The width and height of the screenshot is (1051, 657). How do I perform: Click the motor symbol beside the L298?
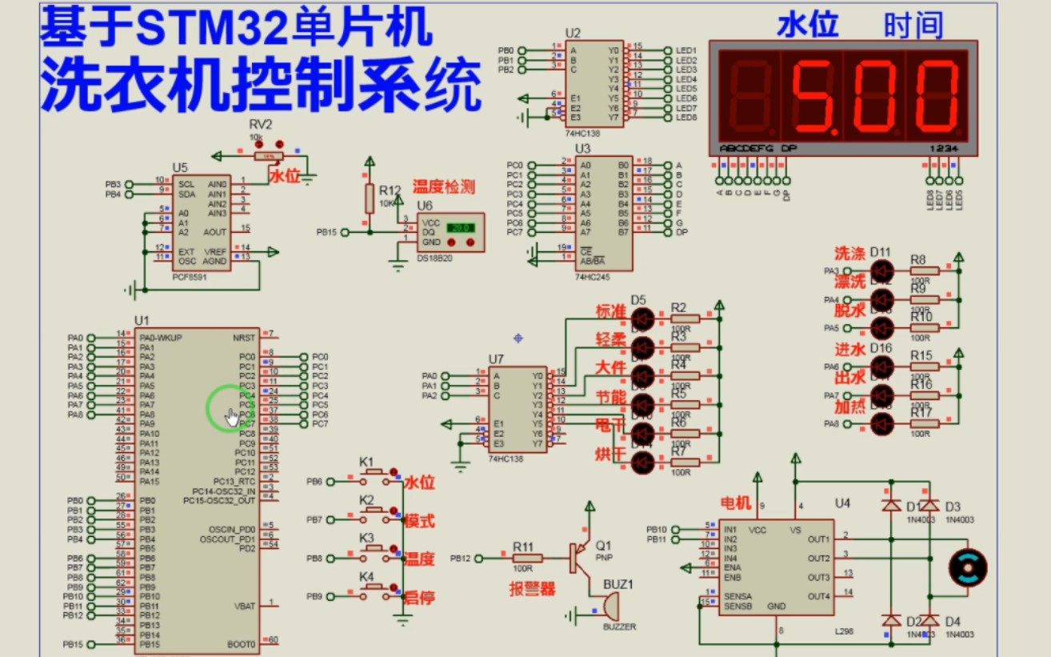967,567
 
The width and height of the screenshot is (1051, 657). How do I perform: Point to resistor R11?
527,558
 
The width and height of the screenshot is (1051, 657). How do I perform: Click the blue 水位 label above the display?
809,26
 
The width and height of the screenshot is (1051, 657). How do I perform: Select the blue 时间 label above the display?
913,26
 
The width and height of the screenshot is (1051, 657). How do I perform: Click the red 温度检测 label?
444,187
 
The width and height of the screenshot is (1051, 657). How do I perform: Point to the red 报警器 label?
532,590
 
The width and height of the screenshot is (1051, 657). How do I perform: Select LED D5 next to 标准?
642,319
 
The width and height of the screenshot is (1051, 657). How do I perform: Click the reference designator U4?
842,503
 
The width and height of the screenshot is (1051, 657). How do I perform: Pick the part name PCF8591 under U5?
190,276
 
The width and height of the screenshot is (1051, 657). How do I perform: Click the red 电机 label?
737,503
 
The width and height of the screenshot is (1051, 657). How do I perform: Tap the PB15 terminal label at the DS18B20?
326,232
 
